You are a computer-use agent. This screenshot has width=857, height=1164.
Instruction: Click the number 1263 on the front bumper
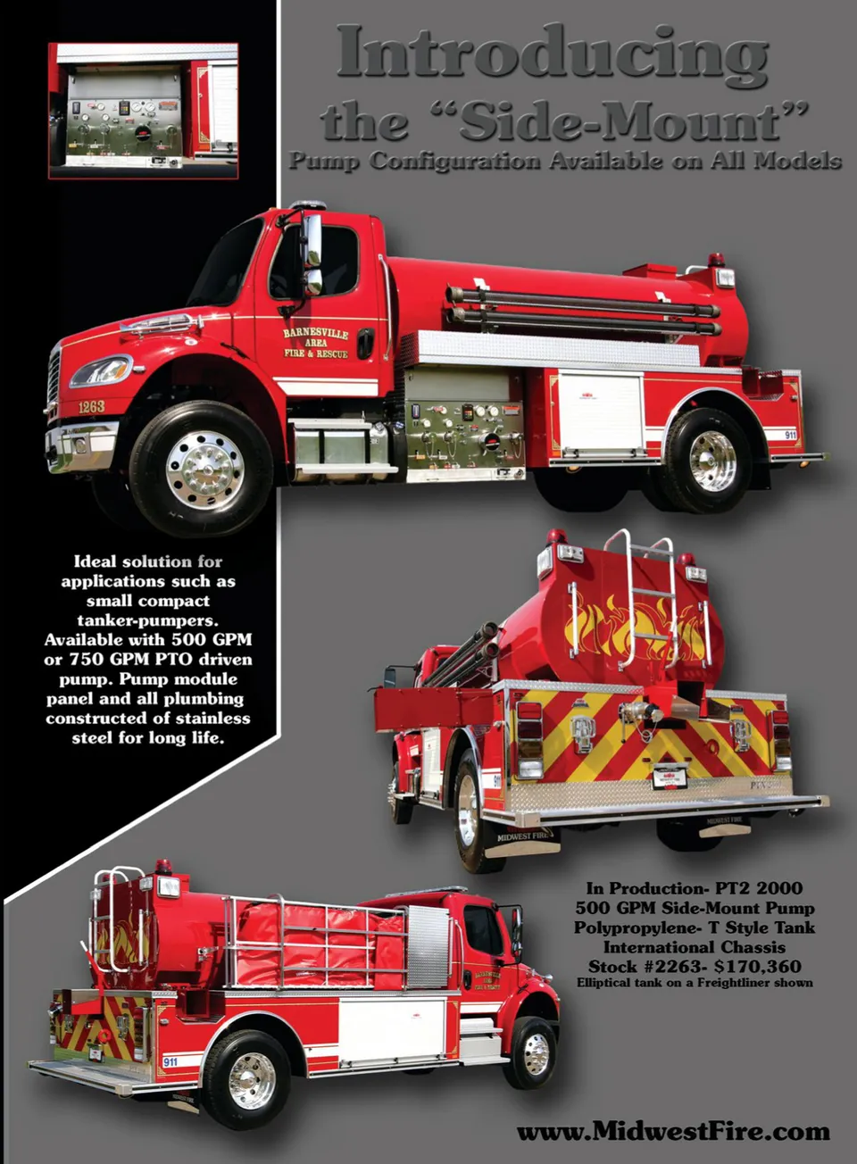[91, 407]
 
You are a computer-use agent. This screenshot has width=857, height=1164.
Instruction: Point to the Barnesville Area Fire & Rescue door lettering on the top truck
[315, 343]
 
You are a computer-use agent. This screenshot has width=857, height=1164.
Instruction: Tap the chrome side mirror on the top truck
[313, 254]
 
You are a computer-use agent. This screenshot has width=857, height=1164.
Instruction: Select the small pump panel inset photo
[143, 111]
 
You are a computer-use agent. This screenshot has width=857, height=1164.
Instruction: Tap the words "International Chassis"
[695, 947]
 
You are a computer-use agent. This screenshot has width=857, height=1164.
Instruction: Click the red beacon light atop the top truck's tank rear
[715, 259]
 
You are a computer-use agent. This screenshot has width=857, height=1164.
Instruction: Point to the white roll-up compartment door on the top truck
[600, 411]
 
